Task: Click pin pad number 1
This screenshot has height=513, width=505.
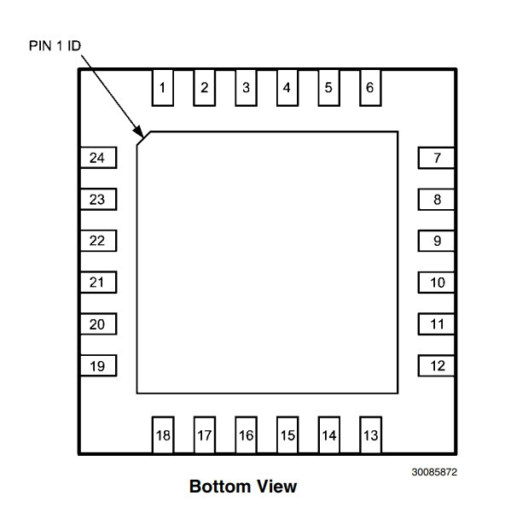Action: (x=162, y=87)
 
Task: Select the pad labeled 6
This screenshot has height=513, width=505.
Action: (x=370, y=87)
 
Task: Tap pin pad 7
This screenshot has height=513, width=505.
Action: (x=436, y=158)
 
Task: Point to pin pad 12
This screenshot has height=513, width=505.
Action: (x=436, y=365)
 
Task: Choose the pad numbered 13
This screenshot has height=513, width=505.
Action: (x=371, y=434)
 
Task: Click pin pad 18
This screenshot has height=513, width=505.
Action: (x=163, y=434)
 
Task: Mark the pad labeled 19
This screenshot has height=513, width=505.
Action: (x=98, y=365)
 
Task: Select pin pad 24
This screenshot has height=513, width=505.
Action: (x=98, y=158)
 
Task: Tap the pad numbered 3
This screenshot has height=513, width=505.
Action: (x=246, y=87)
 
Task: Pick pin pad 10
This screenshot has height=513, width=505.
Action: (x=436, y=283)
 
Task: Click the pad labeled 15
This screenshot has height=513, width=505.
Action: (x=287, y=434)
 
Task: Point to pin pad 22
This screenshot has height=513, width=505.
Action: (x=98, y=241)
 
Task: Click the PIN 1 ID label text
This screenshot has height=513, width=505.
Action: (x=55, y=46)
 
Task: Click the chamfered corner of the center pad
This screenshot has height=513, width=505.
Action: (x=143, y=138)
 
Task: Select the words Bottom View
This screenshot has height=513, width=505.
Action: (x=243, y=487)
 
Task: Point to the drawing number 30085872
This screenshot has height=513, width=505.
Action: (x=434, y=472)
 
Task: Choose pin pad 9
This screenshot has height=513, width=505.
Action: (x=436, y=241)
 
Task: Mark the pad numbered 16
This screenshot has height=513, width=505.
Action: (x=246, y=434)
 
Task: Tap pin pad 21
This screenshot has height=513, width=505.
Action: (x=98, y=282)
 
